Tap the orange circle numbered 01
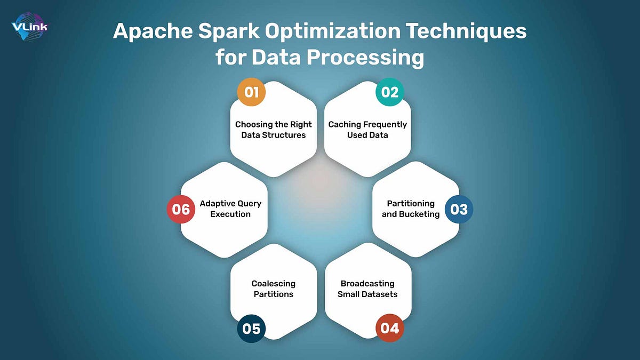[251, 92]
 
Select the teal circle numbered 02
[390, 92]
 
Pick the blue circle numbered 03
[459, 209]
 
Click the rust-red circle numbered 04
[390, 328]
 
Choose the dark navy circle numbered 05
[251, 328]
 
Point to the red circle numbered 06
[181, 209]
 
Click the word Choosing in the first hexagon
[253, 125]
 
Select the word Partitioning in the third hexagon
[411, 204]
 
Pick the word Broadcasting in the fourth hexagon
[367, 284]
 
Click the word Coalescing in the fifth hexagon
[274, 284]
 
